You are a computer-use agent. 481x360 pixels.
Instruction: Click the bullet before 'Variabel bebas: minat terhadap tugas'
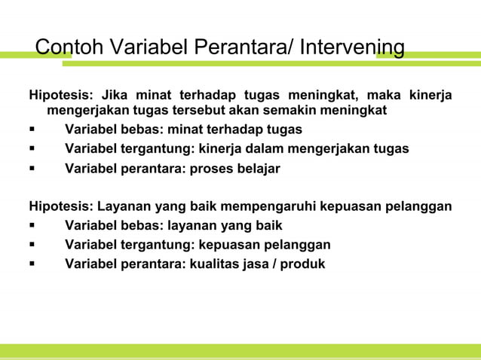(x=32, y=130)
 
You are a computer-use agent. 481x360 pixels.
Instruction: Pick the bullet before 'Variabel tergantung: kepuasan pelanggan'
(x=32, y=246)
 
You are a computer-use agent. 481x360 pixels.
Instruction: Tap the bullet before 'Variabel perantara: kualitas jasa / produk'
(x=32, y=264)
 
